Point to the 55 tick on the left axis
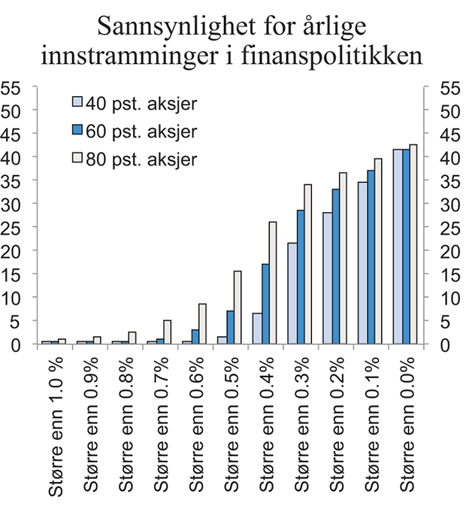(x=11, y=87)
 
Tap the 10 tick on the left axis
(x=11, y=298)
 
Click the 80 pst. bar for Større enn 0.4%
(x=272, y=283)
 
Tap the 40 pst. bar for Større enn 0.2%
(x=327, y=278)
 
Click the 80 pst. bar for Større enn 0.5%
(x=238, y=308)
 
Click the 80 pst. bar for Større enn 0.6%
(x=202, y=324)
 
